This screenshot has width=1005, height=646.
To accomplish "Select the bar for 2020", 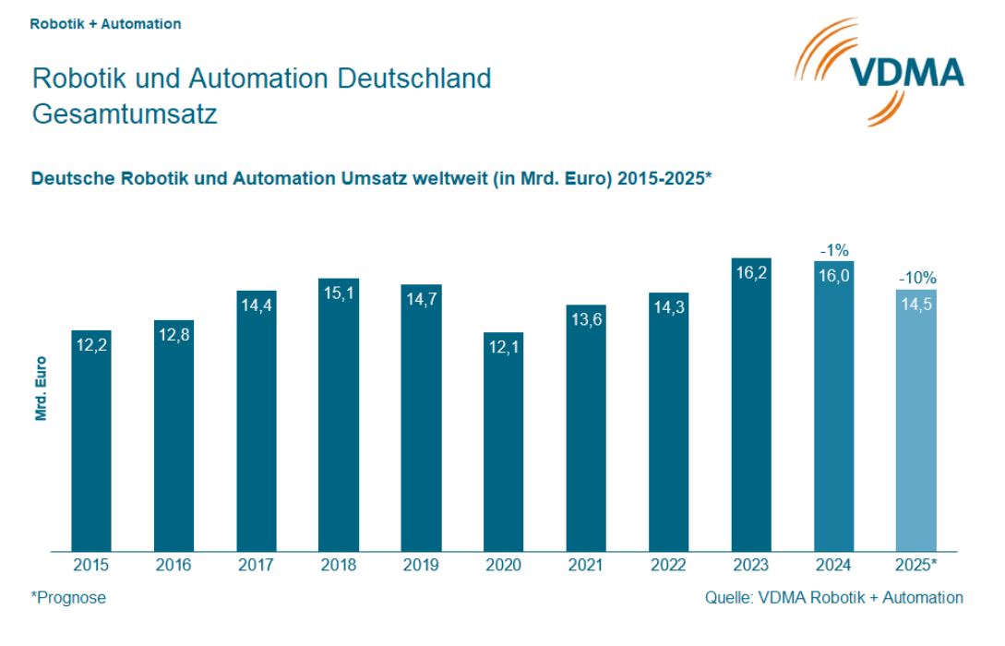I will (x=504, y=443).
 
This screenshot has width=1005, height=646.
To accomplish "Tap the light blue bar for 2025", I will (x=916, y=425).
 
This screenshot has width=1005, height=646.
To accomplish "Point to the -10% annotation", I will (x=916, y=277).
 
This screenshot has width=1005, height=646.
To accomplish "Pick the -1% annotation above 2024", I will (x=833, y=249).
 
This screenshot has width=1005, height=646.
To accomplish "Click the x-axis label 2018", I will (x=339, y=566).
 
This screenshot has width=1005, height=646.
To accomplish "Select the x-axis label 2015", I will (x=91, y=566).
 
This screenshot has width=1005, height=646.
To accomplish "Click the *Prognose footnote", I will (x=68, y=598).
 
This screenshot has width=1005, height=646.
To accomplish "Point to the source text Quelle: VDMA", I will (x=833, y=598).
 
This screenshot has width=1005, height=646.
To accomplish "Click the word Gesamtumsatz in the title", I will (x=125, y=114).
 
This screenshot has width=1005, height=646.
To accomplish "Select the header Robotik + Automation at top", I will (x=105, y=24).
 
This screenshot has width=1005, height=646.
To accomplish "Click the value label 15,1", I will (x=339, y=294).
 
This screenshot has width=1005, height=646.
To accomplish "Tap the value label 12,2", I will (x=91, y=346).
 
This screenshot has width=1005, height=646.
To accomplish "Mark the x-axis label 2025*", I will (x=916, y=566).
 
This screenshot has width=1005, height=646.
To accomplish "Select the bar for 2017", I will (x=257, y=425).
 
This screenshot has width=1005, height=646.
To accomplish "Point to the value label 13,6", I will (x=586, y=321).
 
